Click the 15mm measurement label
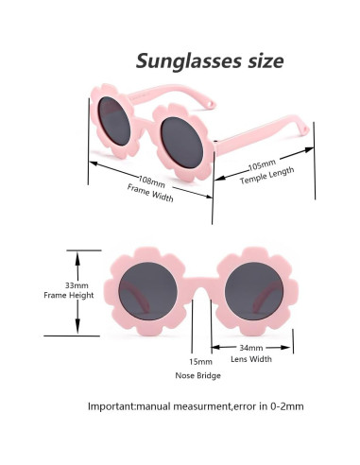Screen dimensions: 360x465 (x=199, y=362)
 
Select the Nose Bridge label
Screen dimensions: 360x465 (x=197, y=375)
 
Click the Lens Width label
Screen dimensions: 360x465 (x=253, y=359)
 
